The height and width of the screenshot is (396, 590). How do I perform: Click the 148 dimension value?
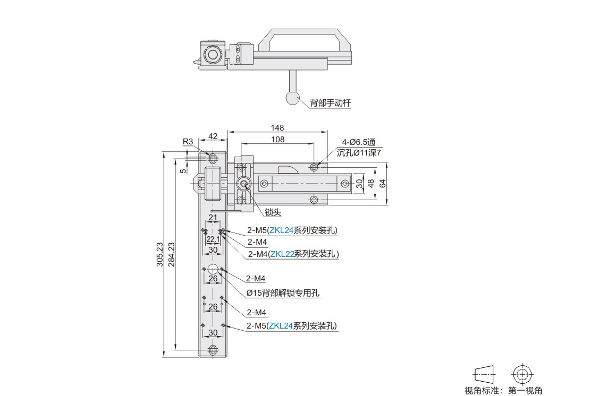(x=277, y=128)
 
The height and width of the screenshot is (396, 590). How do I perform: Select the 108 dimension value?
(x=277, y=140)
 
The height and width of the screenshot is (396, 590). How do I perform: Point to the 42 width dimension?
(x=213, y=136)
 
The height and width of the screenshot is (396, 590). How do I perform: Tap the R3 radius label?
(x=188, y=141)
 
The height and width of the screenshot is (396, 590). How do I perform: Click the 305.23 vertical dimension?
(x=160, y=254)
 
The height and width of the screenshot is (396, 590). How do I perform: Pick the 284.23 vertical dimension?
(x=172, y=254)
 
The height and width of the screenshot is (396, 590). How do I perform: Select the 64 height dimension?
(x=383, y=183)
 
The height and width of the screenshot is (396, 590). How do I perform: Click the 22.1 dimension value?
(x=213, y=239)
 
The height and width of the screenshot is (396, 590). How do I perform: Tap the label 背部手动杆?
(x=331, y=102)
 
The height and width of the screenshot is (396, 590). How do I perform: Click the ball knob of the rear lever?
(x=292, y=98)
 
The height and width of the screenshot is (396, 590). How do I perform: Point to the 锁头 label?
(x=273, y=212)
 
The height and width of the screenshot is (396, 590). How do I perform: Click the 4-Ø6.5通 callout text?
(x=359, y=142)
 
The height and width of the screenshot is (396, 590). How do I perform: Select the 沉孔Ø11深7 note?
(x=359, y=152)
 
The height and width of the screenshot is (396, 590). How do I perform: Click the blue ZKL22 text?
(x=282, y=254)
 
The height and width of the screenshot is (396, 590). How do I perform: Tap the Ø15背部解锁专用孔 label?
(x=283, y=292)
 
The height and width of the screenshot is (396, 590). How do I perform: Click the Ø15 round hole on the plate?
(x=213, y=269)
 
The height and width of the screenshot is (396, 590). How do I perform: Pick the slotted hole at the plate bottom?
(x=213, y=350)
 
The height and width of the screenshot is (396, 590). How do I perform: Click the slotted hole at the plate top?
(x=213, y=158)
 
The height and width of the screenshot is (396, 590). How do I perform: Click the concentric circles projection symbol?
(x=522, y=374)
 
